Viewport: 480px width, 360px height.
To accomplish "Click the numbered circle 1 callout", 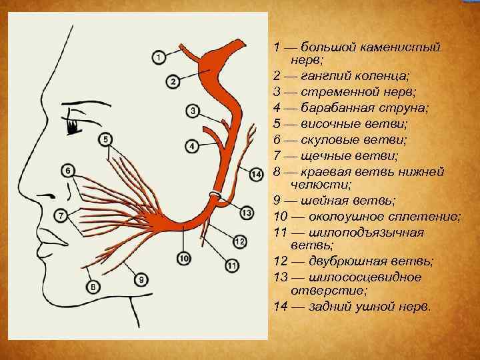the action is point(159,58).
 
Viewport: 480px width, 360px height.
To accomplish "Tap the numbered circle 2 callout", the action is point(172,82).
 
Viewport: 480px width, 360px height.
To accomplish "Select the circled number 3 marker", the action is point(193,111).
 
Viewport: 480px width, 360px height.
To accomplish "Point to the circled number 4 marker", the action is point(191,146).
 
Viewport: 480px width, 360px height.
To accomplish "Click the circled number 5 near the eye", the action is point(106,139).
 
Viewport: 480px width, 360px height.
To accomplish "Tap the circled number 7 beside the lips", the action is point(61,215).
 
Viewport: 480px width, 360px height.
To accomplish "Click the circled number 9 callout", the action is point(141,279).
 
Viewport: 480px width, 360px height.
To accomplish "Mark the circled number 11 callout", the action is point(232,266).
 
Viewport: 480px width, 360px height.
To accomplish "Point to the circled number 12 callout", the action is point(240,241).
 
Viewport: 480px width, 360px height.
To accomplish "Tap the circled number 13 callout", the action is point(247,213).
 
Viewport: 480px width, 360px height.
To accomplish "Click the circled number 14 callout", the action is point(257,175).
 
